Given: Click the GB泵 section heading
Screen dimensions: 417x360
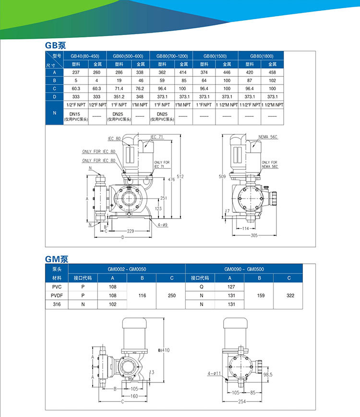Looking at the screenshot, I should point(55,46).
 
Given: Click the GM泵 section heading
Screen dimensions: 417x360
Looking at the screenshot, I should point(57,258).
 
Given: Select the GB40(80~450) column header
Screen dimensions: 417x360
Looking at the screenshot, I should point(84,56).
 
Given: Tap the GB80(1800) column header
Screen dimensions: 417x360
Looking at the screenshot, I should point(261,56).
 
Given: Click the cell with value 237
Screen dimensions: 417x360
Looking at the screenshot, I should point(75,72).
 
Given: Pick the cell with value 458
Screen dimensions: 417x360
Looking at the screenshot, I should point(272,72).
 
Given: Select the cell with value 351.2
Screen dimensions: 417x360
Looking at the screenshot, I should point(118,97).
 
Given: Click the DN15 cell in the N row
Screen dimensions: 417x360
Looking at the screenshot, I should point(75,116).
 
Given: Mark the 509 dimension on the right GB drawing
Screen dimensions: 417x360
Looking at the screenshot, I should point(222,176).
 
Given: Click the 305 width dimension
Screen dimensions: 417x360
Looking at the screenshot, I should point(254,235).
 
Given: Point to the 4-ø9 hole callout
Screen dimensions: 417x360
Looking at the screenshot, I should point(162,224).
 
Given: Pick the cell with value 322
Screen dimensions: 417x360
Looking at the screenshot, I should point(290,295).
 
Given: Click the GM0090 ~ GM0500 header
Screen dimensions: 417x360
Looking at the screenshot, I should point(243,270).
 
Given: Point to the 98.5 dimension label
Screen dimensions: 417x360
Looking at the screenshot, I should point(268,374).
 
